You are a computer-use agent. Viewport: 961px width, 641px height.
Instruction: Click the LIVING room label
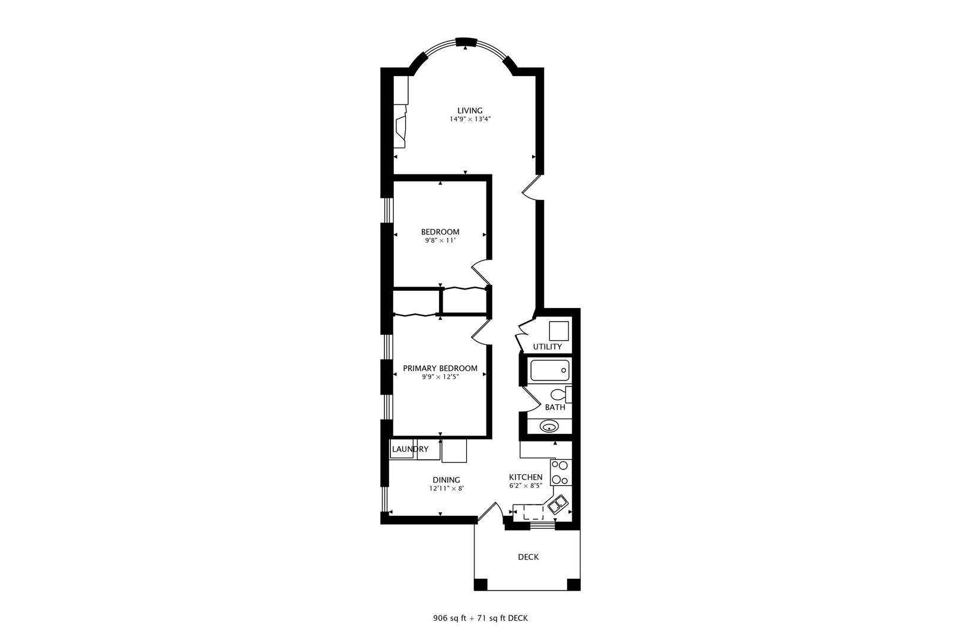pyautogui.click(x=469, y=110)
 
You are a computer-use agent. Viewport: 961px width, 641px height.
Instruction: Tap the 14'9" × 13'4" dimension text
pyautogui.click(x=469, y=119)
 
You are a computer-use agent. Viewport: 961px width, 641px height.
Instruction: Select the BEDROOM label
pyautogui.click(x=440, y=232)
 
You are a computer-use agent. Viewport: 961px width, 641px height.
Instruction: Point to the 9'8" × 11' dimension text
pyautogui.click(x=440, y=240)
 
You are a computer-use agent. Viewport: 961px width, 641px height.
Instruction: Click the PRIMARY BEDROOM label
pyautogui.click(x=440, y=369)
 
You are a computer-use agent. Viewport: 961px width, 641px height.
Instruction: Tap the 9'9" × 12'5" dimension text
pyautogui.click(x=440, y=377)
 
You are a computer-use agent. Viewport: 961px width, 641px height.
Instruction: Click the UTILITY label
pyautogui.click(x=547, y=347)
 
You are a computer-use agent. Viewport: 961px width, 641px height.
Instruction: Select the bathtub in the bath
pyautogui.click(x=549, y=370)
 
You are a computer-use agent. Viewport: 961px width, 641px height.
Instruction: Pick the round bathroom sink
pyautogui.click(x=549, y=426)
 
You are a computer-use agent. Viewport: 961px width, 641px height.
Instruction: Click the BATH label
pyautogui.click(x=555, y=408)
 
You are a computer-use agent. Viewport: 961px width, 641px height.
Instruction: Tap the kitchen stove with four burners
pyautogui.click(x=560, y=473)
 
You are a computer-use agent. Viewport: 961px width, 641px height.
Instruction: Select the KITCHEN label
pyautogui.click(x=526, y=477)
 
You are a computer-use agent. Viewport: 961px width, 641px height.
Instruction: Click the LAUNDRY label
pyautogui.click(x=410, y=449)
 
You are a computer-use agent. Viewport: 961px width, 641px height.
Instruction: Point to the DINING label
pyautogui.click(x=446, y=480)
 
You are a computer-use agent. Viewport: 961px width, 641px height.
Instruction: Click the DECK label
pyautogui.click(x=528, y=557)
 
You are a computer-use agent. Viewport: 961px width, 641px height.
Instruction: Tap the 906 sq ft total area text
pyautogui.click(x=450, y=618)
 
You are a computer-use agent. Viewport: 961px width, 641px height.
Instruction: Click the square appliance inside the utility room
pyautogui.click(x=559, y=330)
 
